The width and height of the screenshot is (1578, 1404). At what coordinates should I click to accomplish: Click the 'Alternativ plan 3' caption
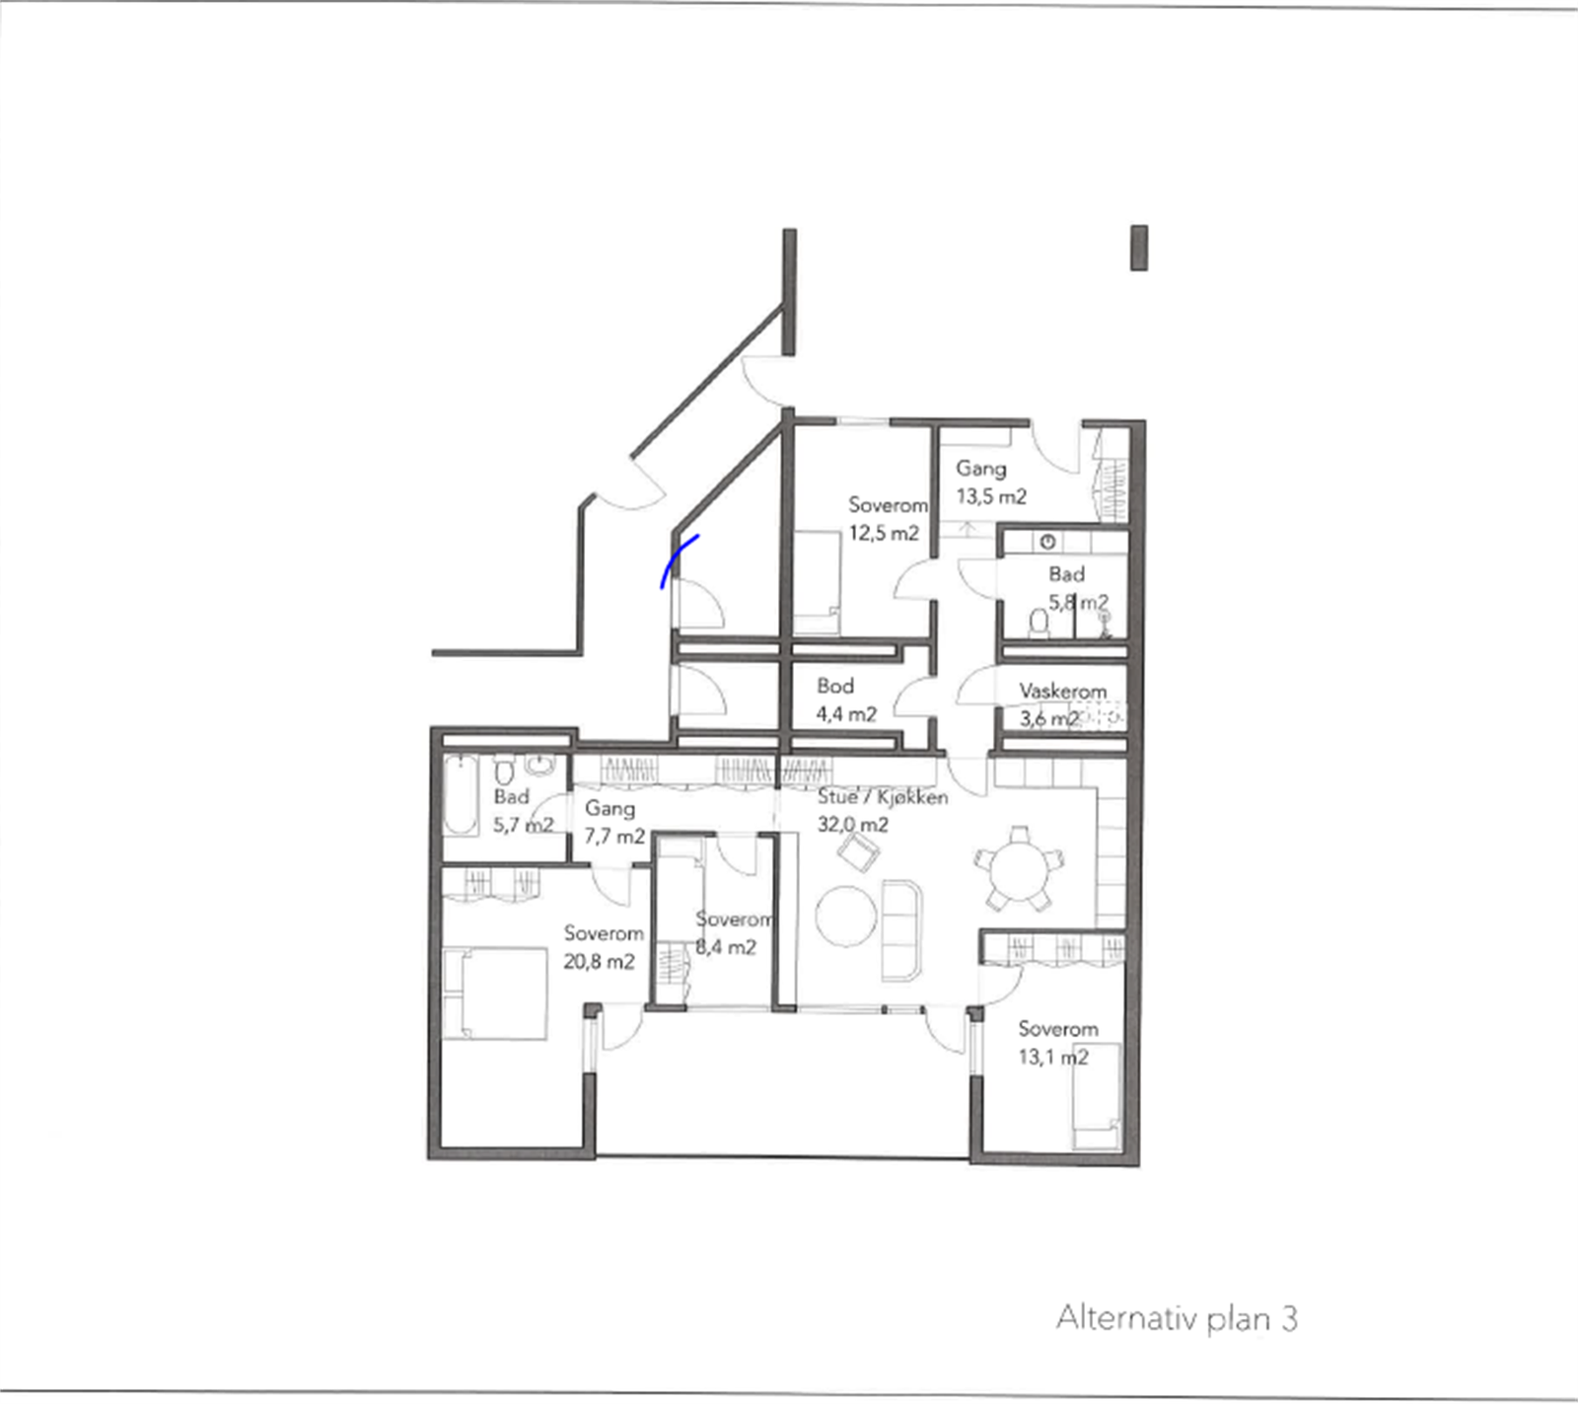pos(1177,1318)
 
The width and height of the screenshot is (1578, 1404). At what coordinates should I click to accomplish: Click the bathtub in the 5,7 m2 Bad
pos(460,795)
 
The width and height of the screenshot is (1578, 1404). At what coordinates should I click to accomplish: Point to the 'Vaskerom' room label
pos(1062,691)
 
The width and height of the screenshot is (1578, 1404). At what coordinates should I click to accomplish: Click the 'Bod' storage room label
pos(835,686)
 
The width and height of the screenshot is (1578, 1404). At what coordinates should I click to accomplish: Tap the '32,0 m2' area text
pos(852,824)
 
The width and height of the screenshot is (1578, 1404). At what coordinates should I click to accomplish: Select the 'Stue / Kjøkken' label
pos(883,797)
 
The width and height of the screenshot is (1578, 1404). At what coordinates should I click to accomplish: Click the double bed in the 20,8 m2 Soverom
pos(494,993)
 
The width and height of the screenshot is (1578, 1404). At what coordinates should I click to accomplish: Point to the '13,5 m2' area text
pos(991,496)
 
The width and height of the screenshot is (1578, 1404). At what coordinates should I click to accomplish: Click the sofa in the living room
pos(901,930)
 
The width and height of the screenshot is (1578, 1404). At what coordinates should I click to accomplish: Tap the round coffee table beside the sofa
pos(846,918)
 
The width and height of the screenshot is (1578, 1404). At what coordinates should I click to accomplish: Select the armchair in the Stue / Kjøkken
pos(858,850)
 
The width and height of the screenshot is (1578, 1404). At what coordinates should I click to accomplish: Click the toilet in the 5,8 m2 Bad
pos(1039,623)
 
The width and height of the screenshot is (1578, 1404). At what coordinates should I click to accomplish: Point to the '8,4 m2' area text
pos(726,947)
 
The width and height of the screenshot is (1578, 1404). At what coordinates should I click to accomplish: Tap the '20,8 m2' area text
pos(599,961)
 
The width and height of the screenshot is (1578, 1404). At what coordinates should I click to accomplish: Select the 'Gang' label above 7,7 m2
pos(610,808)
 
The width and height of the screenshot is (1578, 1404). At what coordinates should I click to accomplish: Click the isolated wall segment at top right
pos(1138,248)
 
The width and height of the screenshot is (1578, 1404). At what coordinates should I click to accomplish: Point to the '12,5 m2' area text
pos(884,533)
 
